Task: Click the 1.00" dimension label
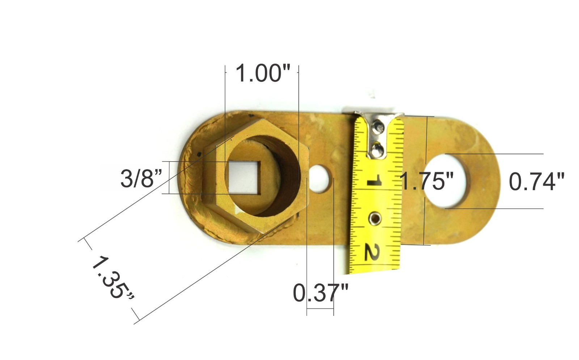(263, 74)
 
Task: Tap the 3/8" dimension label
(141, 178)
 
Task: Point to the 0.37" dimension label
(321, 293)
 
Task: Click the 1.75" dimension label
(427, 181)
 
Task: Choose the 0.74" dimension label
(536, 182)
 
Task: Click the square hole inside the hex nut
(243, 177)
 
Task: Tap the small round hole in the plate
(320, 179)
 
